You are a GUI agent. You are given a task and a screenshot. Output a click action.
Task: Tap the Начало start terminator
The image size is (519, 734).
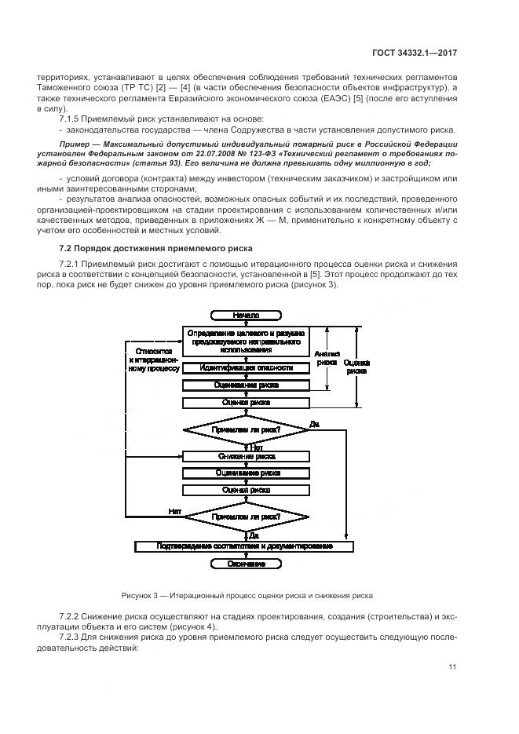[246, 315]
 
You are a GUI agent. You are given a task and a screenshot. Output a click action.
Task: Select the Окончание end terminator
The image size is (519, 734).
[246, 564]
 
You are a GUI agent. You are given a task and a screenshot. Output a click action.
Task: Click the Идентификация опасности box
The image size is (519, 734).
[246, 368]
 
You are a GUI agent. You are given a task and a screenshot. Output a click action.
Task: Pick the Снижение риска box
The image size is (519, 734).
[246, 456]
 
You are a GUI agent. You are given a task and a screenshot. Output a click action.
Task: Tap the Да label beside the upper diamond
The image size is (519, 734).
[314, 424]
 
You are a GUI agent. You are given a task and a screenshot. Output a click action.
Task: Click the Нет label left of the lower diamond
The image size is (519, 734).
[175, 511]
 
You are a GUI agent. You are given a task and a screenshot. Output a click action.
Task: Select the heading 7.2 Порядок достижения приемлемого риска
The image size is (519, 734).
[155, 248]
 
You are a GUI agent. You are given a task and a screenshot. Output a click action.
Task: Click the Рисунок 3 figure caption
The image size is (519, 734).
[247, 594]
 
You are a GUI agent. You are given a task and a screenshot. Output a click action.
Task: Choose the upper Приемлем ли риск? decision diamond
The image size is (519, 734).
[246, 429]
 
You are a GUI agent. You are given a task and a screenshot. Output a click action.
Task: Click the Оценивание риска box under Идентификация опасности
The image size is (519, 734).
[246, 385]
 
